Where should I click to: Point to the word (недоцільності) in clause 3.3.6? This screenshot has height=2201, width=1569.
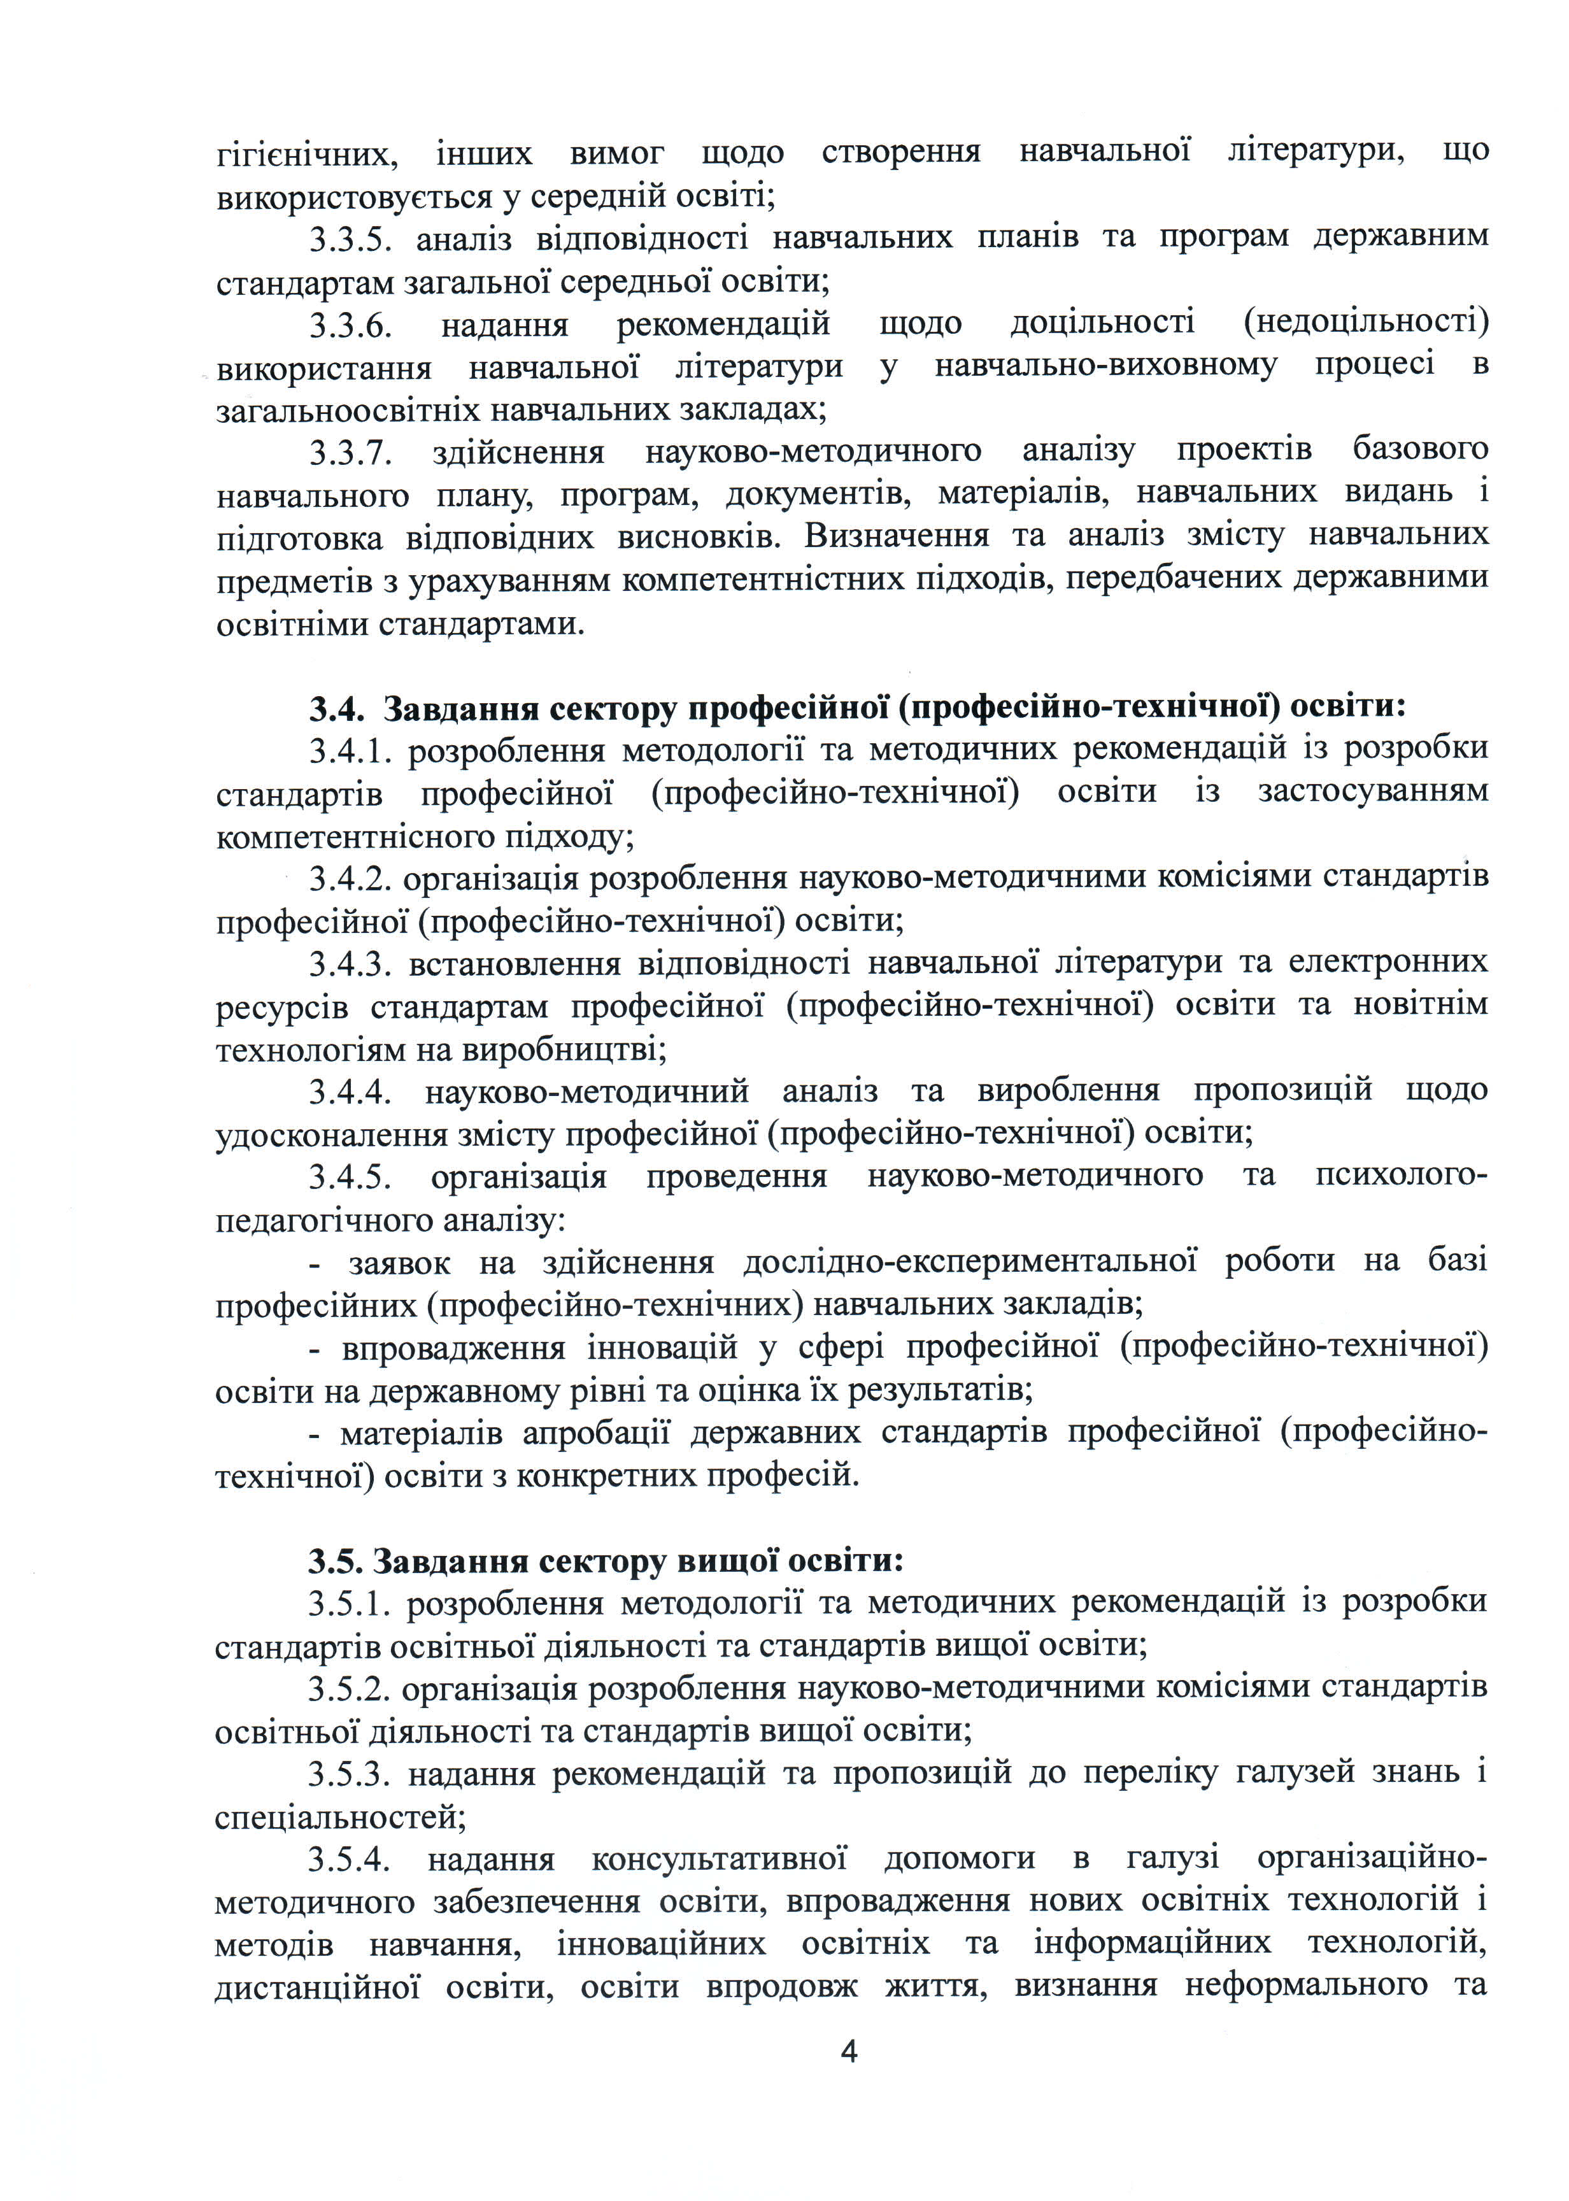1366,323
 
